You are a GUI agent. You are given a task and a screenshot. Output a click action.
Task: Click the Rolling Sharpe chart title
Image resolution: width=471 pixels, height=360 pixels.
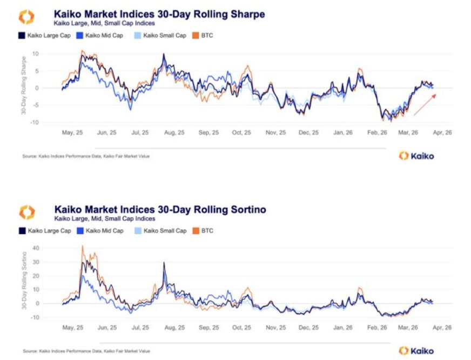(x=159, y=14)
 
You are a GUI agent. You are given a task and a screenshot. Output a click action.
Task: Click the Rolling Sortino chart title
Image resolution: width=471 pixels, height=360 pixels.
(x=160, y=209)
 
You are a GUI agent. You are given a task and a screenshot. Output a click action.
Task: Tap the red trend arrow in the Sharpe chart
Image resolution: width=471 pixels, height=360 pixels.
(x=425, y=104)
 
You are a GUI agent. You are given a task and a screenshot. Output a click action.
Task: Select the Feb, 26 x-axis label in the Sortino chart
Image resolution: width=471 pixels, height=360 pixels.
(x=376, y=328)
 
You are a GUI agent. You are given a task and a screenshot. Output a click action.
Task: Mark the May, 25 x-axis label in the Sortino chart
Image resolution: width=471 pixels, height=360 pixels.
(x=72, y=328)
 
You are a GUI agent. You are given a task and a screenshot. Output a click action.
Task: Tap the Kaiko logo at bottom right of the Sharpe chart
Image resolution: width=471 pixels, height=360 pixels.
(x=416, y=156)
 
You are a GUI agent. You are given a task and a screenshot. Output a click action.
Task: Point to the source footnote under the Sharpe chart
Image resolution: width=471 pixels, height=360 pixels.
(x=86, y=156)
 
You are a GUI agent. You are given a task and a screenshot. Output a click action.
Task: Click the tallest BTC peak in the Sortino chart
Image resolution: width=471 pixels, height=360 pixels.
(x=83, y=246)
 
